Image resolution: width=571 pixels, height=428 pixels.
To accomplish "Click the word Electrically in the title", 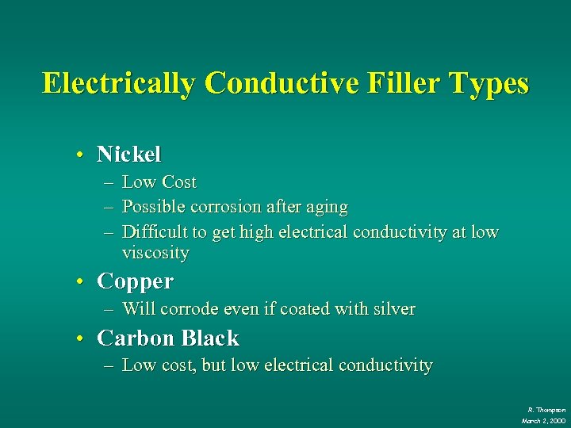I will coord(118,83).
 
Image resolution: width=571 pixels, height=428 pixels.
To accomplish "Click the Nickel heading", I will coord(128,154).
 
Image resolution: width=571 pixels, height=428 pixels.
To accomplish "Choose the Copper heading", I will coord(135,281).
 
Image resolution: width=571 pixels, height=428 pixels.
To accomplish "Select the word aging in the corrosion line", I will coord(325,207).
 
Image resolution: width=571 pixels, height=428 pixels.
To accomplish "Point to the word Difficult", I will coord(155,232).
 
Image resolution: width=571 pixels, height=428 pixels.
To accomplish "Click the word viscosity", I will coord(155,254).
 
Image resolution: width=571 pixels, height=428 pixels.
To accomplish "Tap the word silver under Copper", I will coord(393,309).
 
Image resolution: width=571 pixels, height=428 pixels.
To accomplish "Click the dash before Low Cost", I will coord(108,182).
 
